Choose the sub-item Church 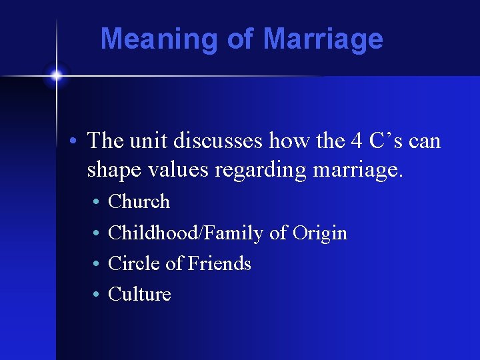[x=139, y=201]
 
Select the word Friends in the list [x=219, y=263]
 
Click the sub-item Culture [x=139, y=294]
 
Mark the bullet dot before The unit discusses [x=77, y=141]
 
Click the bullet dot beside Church [x=97, y=202]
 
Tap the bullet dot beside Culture [x=97, y=295]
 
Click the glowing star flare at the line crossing [x=57, y=75]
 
